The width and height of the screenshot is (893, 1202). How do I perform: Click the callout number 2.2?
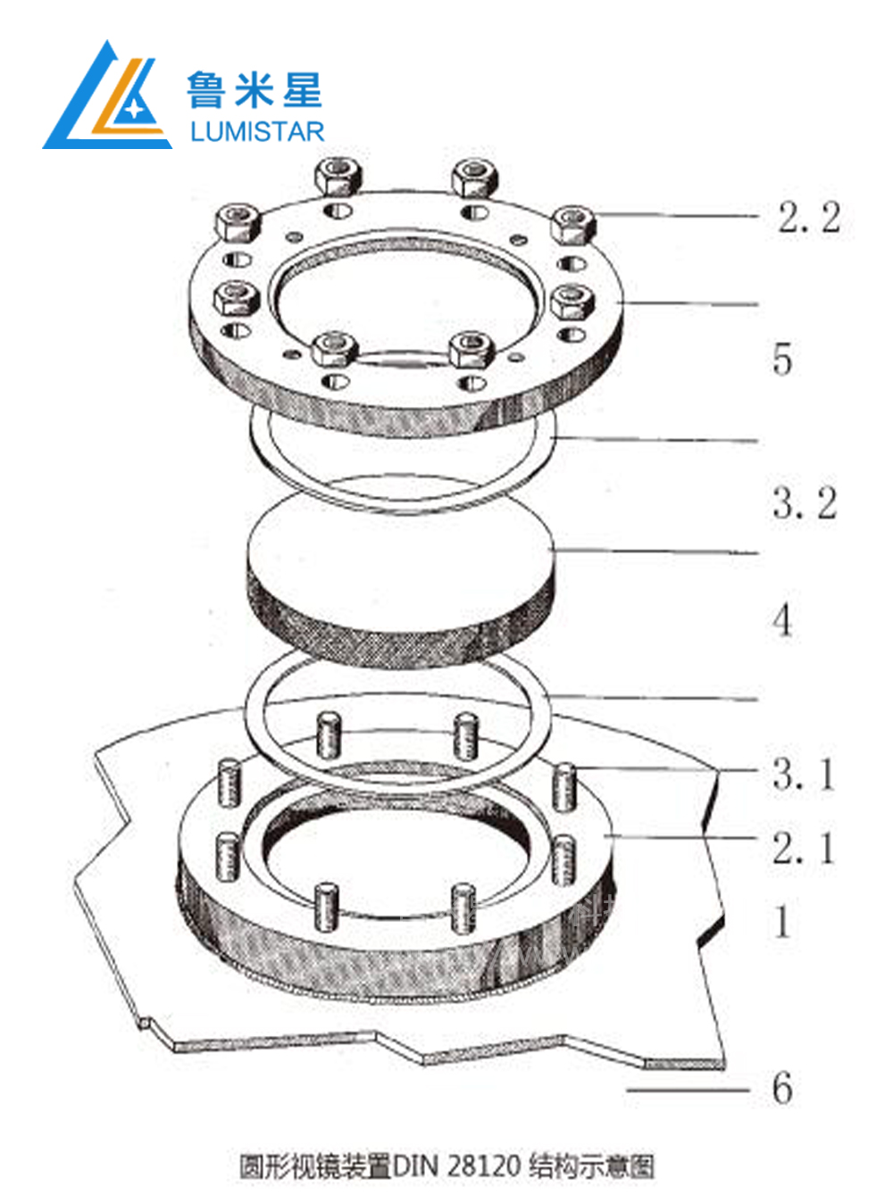pos(809,218)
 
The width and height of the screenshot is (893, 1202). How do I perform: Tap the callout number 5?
pos(782,358)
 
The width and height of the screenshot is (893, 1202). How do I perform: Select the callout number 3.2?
pos(805,503)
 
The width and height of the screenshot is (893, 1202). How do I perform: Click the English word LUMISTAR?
pos(257,132)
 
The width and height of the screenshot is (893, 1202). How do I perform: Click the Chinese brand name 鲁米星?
pos(255,90)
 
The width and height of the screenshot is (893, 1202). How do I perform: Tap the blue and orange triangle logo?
pos(107,95)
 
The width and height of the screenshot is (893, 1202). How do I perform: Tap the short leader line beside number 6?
pos(689,1089)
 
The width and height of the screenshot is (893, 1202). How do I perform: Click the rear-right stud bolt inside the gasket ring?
pos(466,735)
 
